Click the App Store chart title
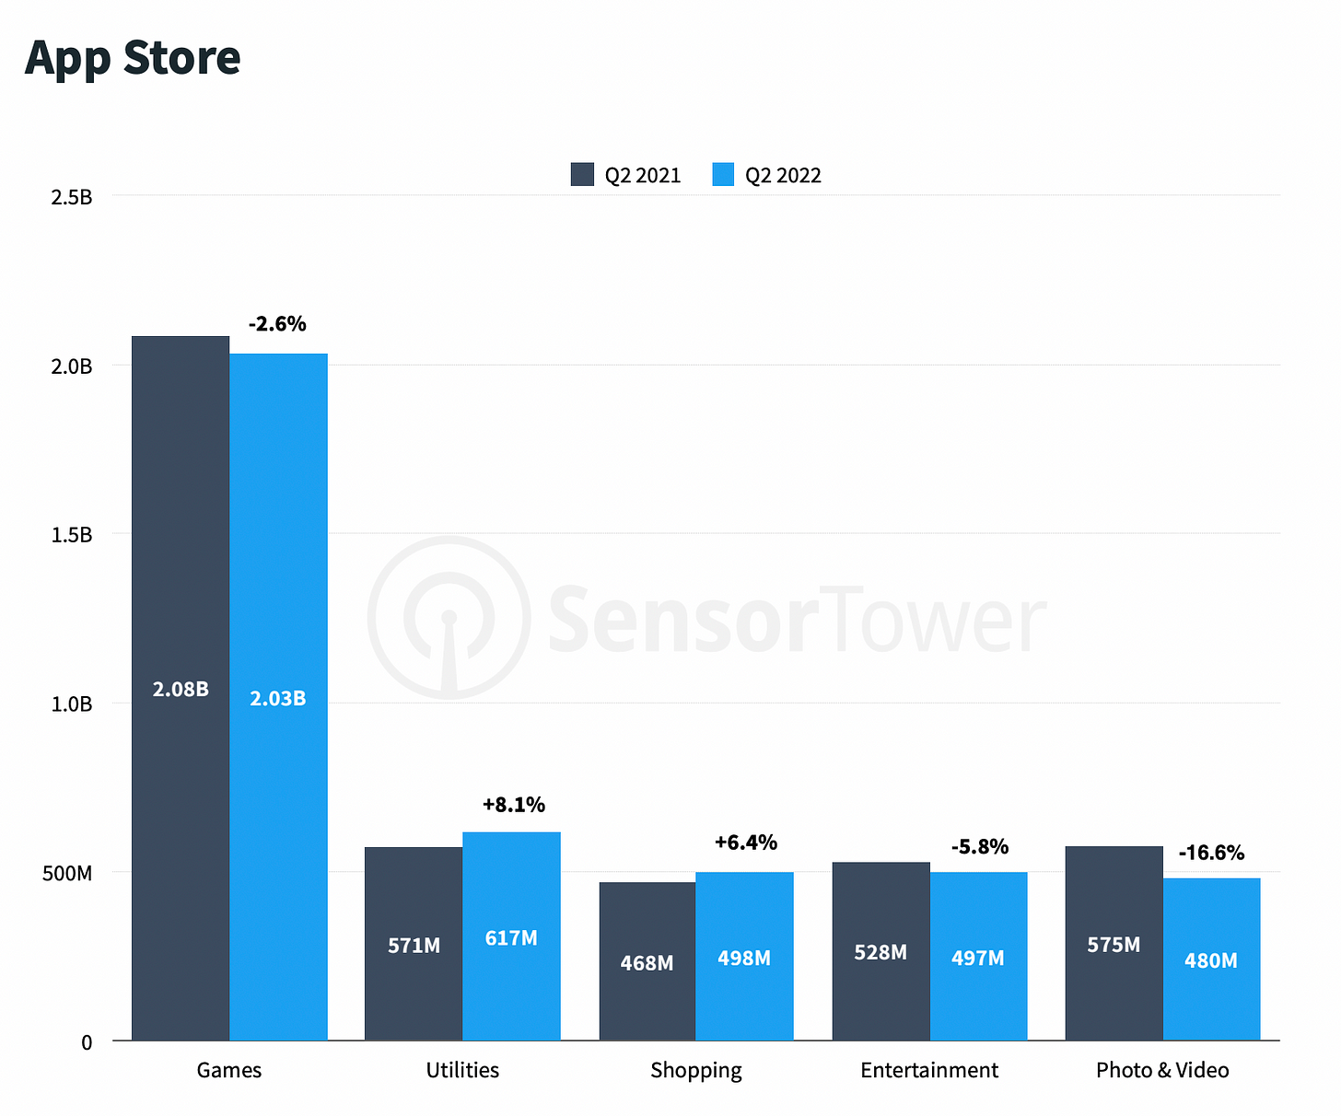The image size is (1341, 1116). tap(133, 57)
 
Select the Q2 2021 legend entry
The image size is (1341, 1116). tap(626, 175)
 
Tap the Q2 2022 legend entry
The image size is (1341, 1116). tap(767, 175)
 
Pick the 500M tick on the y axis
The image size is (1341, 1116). tap(67, 873)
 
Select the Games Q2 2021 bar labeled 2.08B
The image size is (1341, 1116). tap(181, 689)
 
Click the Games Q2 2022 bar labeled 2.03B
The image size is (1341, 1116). tap(278, 697)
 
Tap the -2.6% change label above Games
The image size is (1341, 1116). tap(277, 324)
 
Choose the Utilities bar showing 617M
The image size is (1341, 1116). tap(511, 937)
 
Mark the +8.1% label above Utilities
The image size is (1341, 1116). tap(513, 805)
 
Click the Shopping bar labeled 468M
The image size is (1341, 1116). tap(647, 962)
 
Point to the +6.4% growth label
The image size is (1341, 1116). tap(746, 843)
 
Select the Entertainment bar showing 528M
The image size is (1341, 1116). tap(880, 952)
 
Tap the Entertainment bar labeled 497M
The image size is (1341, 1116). tap(978, 958)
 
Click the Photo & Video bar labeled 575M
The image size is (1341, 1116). tap(1114, 945)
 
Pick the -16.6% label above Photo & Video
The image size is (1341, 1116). tap(1211, 853)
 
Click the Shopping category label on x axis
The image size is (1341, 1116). tap(696, 1070)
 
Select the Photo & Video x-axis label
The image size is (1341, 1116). tap(1162, 1070)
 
